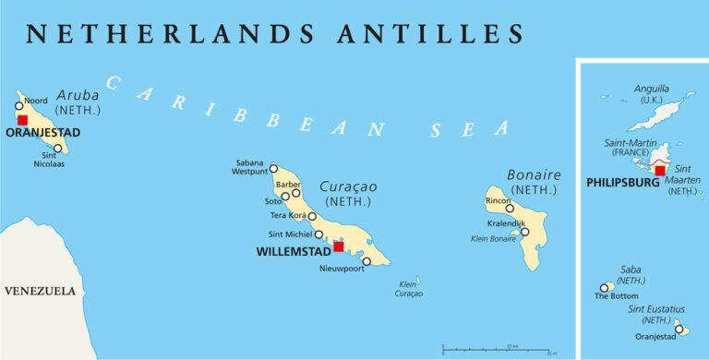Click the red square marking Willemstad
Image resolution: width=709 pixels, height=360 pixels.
338,246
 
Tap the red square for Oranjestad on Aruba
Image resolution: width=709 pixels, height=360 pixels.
22,120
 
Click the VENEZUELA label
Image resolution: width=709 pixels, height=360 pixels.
40,291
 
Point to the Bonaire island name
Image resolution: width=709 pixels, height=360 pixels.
534,174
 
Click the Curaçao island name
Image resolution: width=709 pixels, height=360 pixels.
348,186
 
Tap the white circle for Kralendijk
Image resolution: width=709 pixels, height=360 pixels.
524,232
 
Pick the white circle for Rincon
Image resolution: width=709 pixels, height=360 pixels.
510,209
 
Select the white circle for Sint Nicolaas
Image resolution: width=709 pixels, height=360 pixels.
58,149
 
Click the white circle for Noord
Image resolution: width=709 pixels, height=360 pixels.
19,106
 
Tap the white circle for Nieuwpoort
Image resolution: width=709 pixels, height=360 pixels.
367,261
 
